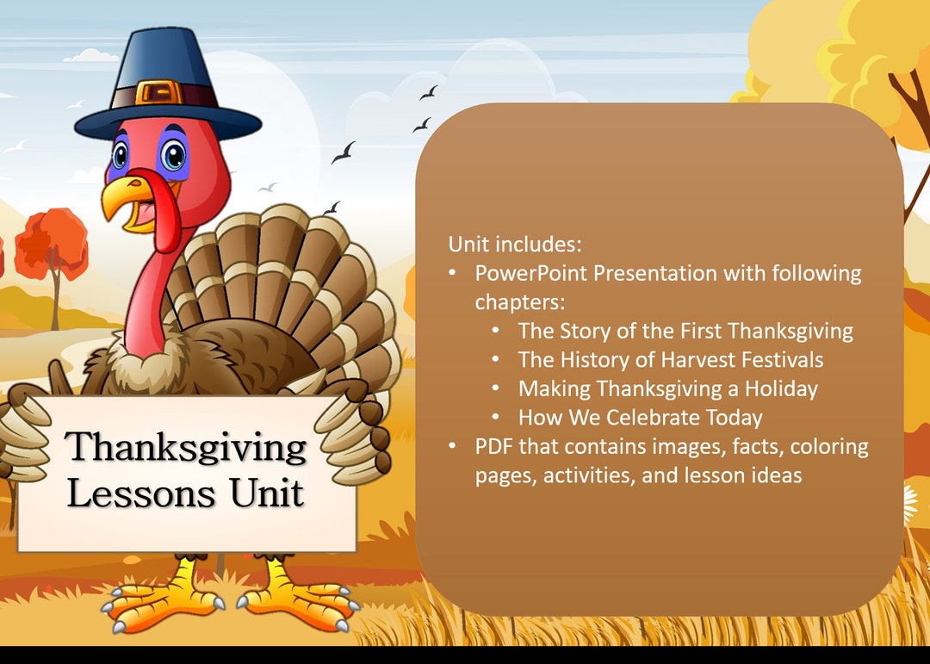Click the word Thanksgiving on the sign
pyautogui.click(x=186, y=447)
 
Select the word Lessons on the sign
pyautogui.click(x=141, y=493)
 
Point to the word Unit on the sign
pyautogui.click(x=266, y=493)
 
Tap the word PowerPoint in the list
pyautogui.click(x=531, y=273)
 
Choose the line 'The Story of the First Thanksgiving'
pyautogui.click(x=685, y=331)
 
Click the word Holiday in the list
pyautogui.click(x=782, y=388)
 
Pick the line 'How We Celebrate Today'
pyautogui.click(x=640, y=418)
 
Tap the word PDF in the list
pyautogui.click(x=493, y=447)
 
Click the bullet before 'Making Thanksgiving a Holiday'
pyautogui.click(x=496, y=388)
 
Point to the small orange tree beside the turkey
pyautogui.click(x=52, y=245)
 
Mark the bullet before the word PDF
pyautogui.click(x=453, y=447)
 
